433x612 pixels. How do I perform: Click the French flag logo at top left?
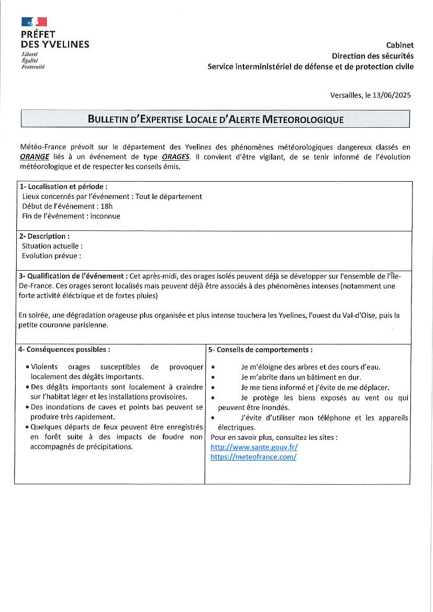(34, 21)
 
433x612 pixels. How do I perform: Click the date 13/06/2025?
(391, 95)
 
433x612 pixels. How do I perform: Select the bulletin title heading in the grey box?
(215, 119)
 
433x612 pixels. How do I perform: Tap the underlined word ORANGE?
(35, 157)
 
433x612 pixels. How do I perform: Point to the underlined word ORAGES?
(175, 157)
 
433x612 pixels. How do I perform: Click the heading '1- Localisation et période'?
(63, 186)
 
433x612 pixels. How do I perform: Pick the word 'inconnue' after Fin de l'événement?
(105, 216)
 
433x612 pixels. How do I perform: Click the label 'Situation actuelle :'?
(52, 246)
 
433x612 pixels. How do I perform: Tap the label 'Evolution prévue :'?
(51, 255)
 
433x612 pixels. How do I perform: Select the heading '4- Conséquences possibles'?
(64, 349)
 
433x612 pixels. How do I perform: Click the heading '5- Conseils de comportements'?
(260, 349)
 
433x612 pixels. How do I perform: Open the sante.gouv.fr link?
(254, 447)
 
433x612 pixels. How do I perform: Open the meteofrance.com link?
(253, 457)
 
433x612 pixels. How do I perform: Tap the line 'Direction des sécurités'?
(372, 56)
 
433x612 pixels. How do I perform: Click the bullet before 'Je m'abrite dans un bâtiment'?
(213, 377)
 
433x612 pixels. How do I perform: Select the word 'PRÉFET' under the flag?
(38, 35)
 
